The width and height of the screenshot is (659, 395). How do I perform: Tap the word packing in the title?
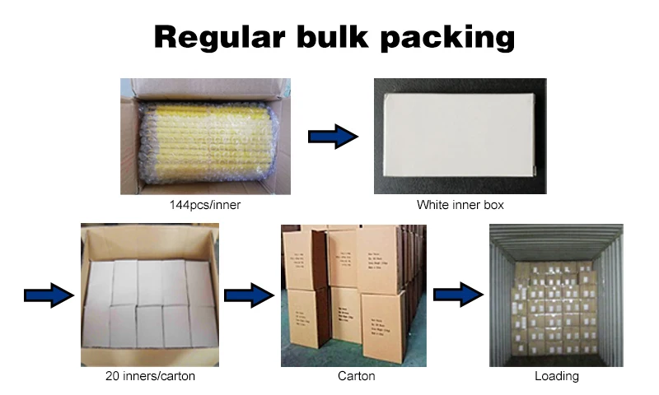(449, 39)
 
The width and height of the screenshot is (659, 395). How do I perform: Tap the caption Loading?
(557, 377)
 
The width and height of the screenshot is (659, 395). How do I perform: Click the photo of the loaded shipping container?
(557, 295)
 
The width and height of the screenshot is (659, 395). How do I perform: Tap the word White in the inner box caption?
(431, 205)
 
